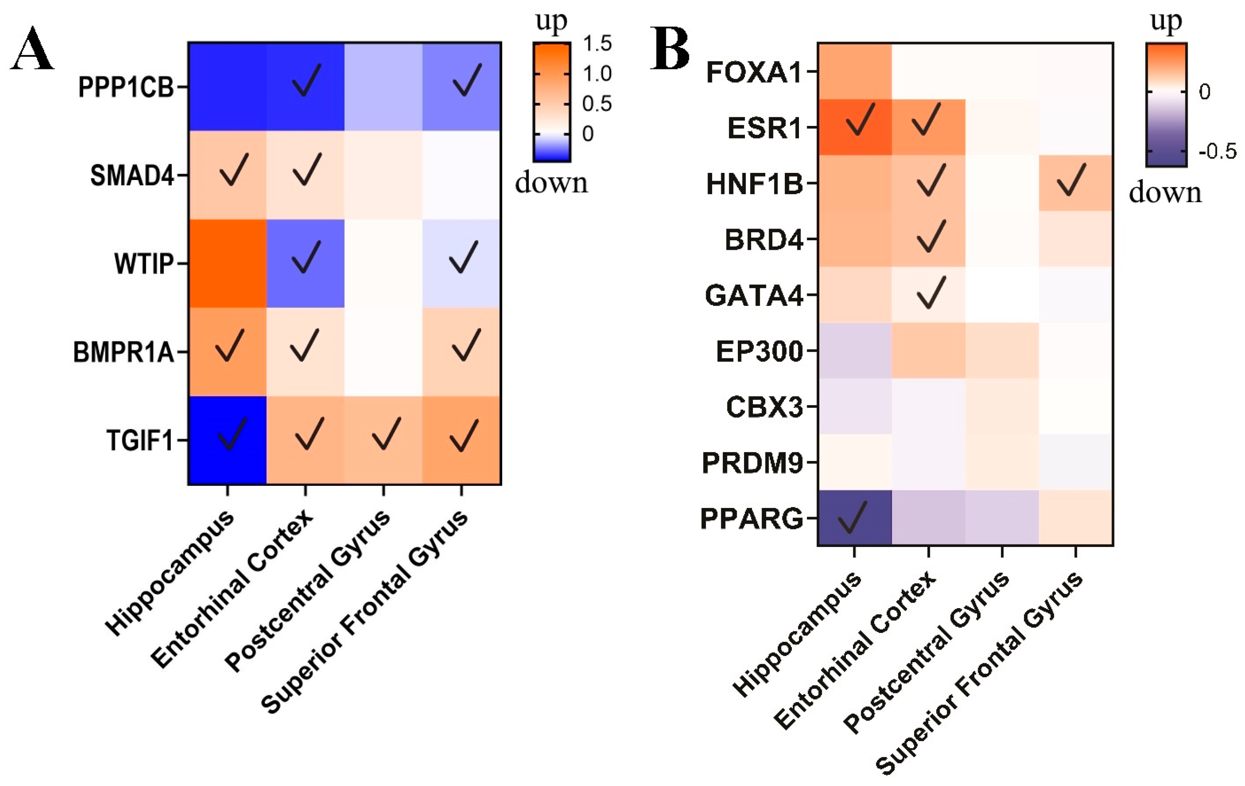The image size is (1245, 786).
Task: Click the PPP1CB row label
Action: click(126, 87)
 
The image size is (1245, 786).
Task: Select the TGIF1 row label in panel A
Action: click(139, 441)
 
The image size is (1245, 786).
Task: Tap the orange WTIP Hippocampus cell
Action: click(227, 264)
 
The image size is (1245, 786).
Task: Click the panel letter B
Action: click(670, 49)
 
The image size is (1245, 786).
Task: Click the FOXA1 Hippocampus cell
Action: click(855, 71)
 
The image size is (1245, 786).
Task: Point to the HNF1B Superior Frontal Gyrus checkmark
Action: click(1071, 180)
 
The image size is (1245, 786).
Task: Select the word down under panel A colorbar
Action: click(551, 183)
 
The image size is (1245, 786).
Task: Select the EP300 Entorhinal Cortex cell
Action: click(929, 350)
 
